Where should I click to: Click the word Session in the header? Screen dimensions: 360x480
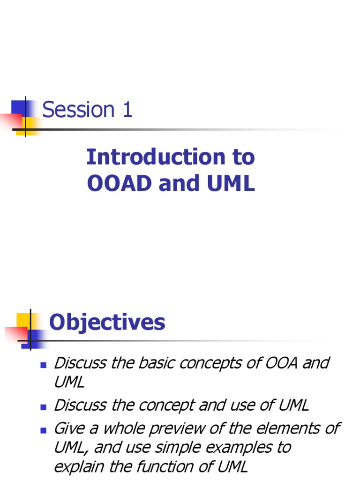click(78, 109)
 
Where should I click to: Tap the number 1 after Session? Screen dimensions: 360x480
click(127, 109)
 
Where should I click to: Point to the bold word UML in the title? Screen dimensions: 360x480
click(231, 183)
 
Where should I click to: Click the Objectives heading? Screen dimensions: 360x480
click(107, 322)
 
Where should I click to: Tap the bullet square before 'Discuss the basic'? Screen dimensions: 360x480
click(44, 365)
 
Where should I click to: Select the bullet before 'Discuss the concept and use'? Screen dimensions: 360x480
click(44, 407)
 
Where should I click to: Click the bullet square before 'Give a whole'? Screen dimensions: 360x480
click(44, 430)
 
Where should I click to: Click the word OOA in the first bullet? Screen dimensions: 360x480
click(281, 363)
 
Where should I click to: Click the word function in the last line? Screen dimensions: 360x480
click(165, 467)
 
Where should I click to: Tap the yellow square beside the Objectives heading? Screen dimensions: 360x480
click(23, 320)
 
